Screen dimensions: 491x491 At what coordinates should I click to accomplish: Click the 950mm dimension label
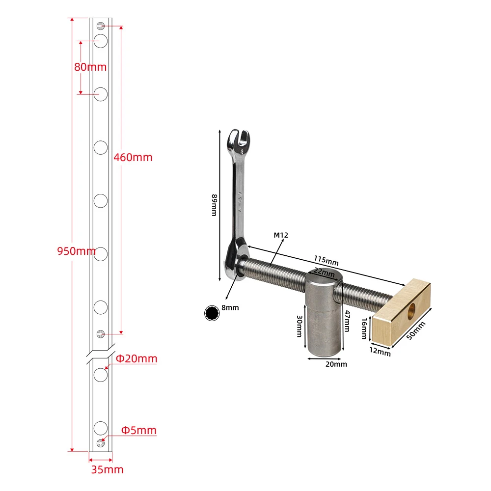(x=77, y=251)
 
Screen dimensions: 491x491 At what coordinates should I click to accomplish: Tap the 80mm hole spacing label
(x=90, y=67)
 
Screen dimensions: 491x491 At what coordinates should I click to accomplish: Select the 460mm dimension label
(x=133, y=157)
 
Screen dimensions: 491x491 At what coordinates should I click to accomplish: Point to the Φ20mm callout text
(x=136, y=358)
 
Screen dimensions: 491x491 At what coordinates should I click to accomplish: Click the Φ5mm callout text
(x=139, y=430)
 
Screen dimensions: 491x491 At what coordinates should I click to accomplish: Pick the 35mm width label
(x=107, y=470)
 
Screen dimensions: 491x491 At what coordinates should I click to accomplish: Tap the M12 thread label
(x=281, y=235)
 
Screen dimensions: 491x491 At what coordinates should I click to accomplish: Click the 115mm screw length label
(x=326, y=260)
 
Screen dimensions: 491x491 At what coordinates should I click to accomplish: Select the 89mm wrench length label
(x=214, y=205)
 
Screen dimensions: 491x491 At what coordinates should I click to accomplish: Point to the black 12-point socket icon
(x=212, y=313)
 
